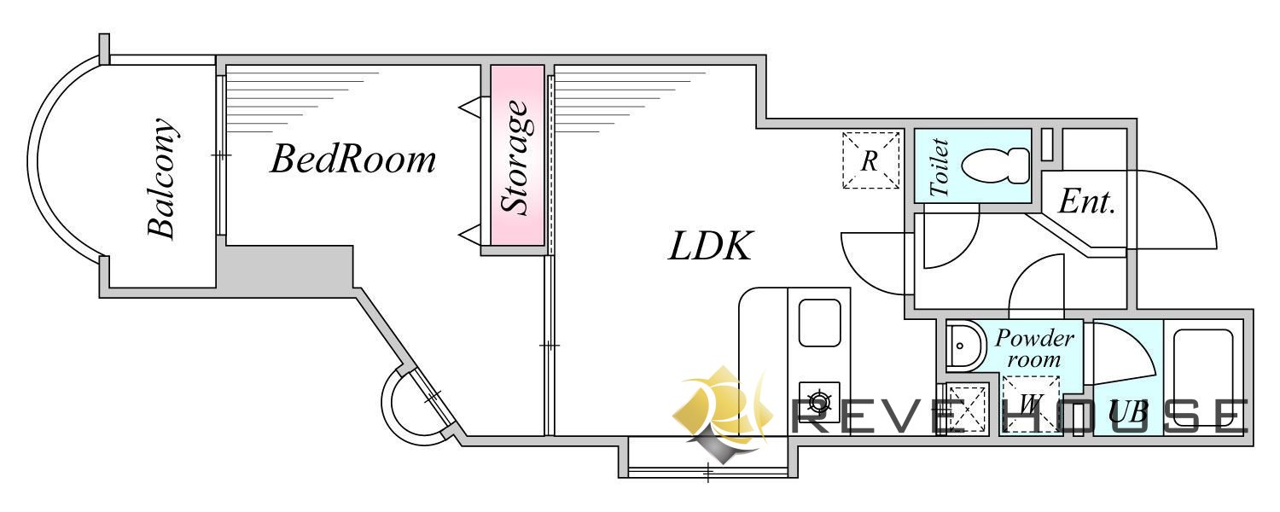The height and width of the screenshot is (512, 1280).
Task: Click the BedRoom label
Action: point(353,159)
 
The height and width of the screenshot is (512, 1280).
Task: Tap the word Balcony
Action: point(162,177)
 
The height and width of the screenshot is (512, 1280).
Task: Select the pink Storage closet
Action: point(517,155)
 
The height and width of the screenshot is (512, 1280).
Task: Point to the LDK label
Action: point(710,246)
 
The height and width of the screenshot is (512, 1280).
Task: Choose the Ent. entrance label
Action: point(1086,201)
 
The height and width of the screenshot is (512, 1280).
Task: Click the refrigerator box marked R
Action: point(871,160)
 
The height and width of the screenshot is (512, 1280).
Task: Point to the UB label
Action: point(1129,411)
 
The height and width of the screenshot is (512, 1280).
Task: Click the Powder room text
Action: point(1033,348)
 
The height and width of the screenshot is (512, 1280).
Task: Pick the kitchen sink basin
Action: point(819,323)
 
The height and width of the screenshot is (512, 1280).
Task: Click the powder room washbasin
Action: point(966,346)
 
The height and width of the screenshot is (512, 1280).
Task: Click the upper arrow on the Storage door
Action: point(474,107)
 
